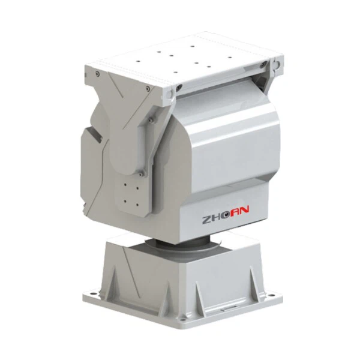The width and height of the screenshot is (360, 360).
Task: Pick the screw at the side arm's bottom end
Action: pos(142,173)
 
